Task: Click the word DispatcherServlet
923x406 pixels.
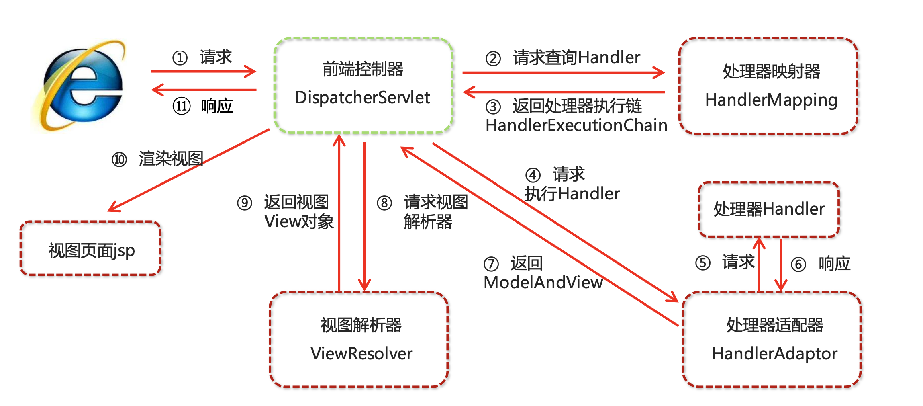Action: tap(362, 98)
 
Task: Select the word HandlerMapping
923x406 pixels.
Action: tap(771, 100)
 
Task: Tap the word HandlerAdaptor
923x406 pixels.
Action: tap(774, 354)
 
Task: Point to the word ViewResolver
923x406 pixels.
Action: tap(361, 354)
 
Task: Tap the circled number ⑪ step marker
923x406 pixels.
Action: tap(182, 107)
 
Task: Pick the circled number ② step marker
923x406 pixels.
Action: tap(493, 59)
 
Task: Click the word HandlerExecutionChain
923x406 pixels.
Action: tap(576, 125)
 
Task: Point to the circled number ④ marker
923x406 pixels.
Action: tap(533, 175)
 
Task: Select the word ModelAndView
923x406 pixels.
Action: tap(543, 283)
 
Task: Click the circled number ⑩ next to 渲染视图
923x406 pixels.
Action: tap(119, 160)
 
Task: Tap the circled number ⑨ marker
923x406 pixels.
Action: tap(245, 203)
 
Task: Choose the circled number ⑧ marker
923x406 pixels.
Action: tap(384, 203)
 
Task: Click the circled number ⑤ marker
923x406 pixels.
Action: tap(703, 263)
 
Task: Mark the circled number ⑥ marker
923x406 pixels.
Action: tap(798, 265)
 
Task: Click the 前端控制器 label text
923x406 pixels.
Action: tap(363, 69)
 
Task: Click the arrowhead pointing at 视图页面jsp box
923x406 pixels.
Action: tap(114, 207)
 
